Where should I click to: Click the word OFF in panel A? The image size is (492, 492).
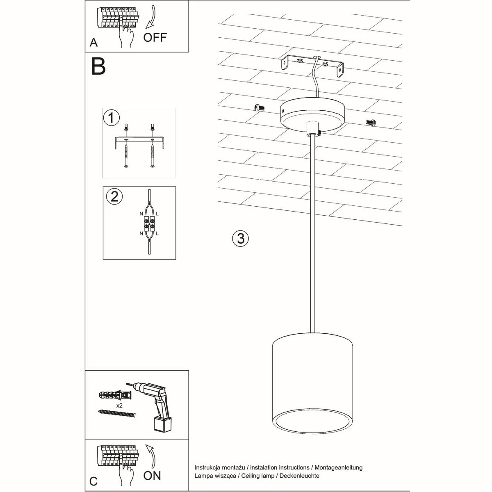(x=155, y=37)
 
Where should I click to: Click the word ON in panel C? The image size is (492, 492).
(x=152, y=476)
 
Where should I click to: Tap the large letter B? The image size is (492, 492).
(x=98, y=66)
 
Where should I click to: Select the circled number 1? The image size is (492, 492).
(x=111, y=118)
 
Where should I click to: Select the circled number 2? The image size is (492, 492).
(x=114, y=196)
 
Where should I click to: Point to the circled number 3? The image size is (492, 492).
(x=241, y=238)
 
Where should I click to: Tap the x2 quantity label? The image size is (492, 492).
(x=120, y=405)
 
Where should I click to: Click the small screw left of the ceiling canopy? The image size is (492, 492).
(x=259, y=107)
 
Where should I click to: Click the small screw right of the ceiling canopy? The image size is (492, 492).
(x=370, y=122)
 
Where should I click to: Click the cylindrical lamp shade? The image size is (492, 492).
(x=312, y=381)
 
